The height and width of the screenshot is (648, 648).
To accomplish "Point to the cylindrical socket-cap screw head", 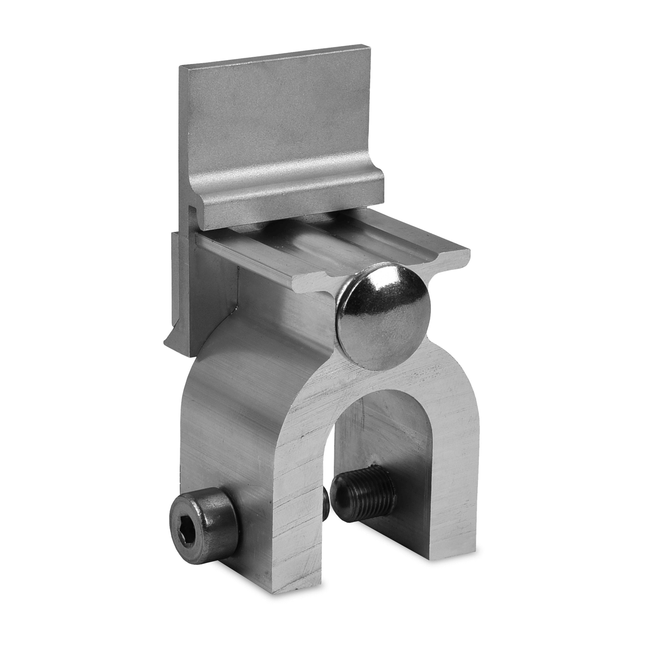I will [202, 510].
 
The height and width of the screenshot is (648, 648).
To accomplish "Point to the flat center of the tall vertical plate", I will [275, 119].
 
